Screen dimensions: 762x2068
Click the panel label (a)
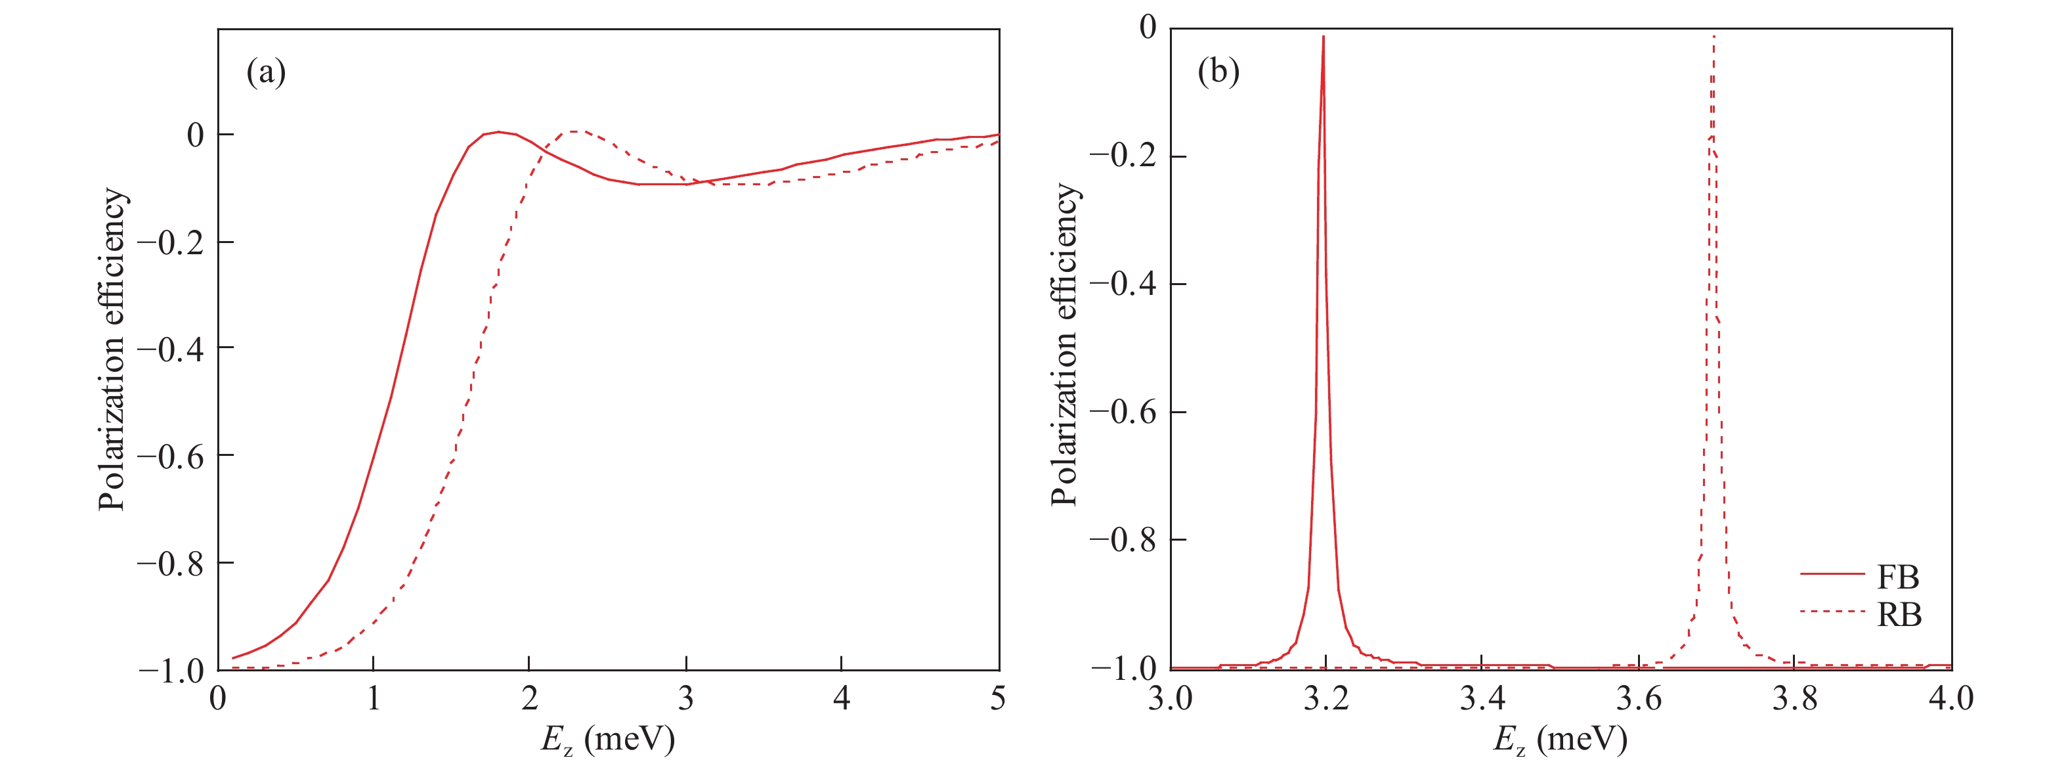[x=266, y=72]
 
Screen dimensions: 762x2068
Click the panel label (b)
[x=1218, y=72]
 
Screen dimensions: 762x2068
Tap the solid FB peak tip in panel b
[x=1323, y=37]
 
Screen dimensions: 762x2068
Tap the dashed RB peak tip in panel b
[x=1714, y=37]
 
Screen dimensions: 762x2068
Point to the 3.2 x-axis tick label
[x=1325, y=698]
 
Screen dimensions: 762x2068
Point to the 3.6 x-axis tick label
[x=1638, y=698]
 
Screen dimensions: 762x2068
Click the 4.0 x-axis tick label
[x=1950, y=698]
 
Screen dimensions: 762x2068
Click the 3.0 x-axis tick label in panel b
[x=1170, y=698]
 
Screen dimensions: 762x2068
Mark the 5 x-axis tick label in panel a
[x=998, y=698]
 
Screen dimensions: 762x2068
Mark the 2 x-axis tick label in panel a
[x=529, y=698]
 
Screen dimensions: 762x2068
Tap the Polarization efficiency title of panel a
[x=112, y=349]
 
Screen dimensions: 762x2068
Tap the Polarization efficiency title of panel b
[x=1064, y=346]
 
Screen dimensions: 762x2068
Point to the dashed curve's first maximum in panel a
[x=576, y=131]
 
